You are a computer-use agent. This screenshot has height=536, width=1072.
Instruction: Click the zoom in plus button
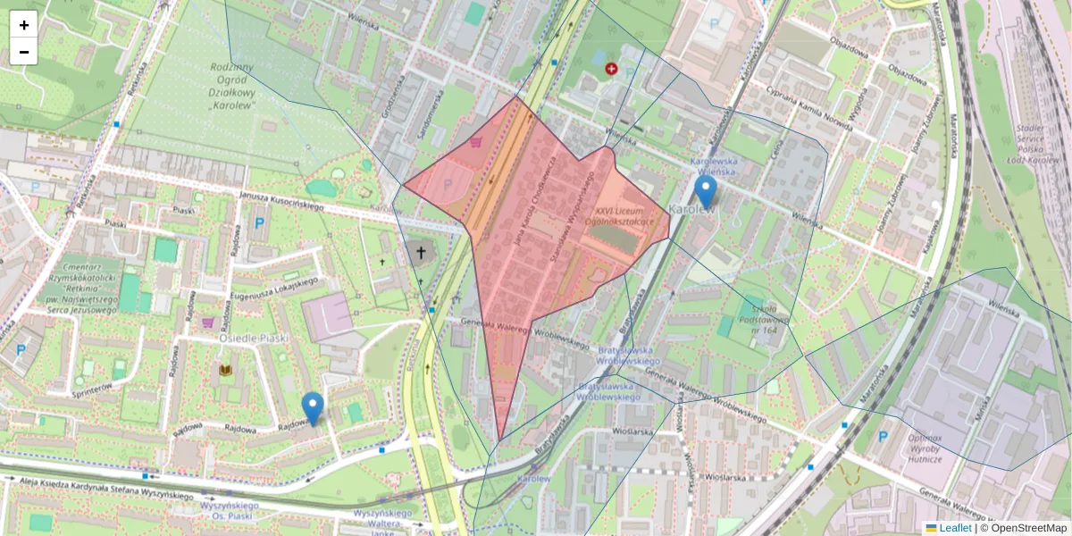24,25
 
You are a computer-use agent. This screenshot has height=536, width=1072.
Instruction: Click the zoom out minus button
24,52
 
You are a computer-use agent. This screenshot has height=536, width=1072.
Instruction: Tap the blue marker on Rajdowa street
312,408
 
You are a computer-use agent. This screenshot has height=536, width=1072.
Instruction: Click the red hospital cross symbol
611,69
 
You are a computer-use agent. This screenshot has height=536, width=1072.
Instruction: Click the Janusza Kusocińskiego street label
281,201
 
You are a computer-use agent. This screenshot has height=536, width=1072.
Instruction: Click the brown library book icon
224,369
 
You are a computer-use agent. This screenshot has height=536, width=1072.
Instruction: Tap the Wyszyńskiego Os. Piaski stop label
229,510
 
